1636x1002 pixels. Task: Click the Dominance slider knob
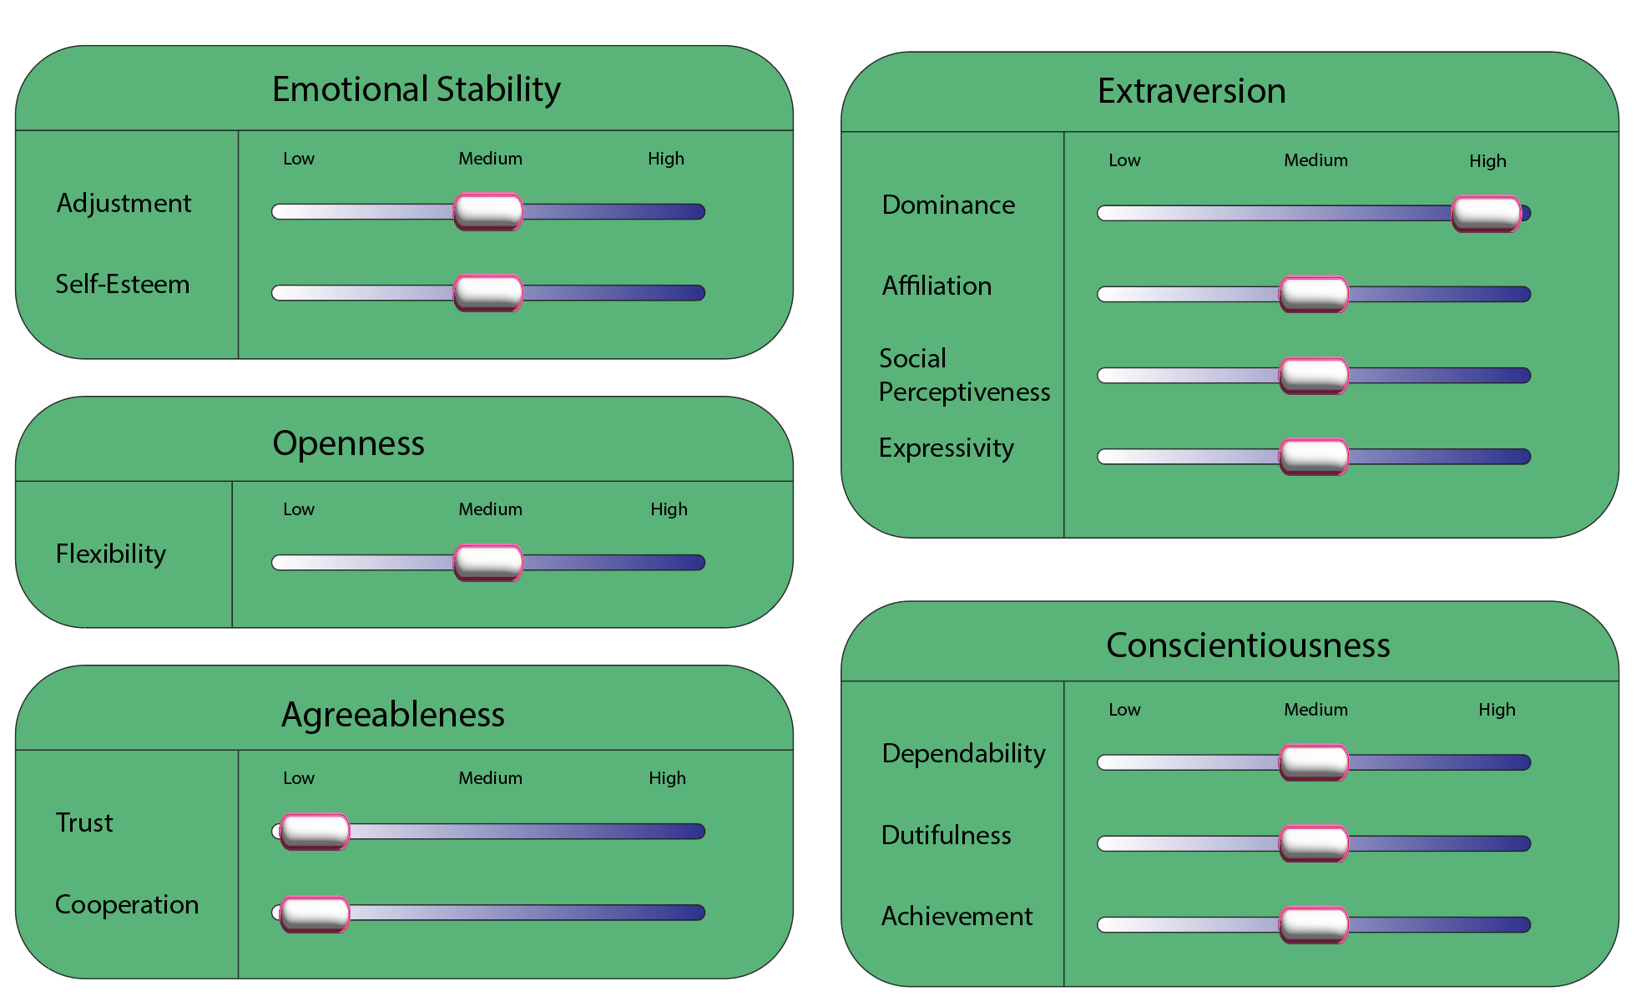coord(1486,213)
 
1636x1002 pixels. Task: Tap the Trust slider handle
coord(315,831)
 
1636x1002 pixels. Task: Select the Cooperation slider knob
coord(315,913)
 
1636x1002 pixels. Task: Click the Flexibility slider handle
coord(488,562)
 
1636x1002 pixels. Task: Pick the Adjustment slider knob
coord(488,211)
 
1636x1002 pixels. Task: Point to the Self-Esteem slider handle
coord(488,292)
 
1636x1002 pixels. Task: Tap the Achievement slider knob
coord(1314,924)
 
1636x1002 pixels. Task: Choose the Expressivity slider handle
coord(1314,456)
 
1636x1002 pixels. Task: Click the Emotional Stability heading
coord(416,89)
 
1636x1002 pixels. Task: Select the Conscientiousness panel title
coord(1248,645)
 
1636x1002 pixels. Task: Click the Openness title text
coord(348,443)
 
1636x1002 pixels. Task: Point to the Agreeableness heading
coord(392,715)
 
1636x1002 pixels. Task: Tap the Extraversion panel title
coord(1191,91)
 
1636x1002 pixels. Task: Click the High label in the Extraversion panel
coord(1487,160)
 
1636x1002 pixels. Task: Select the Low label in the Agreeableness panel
coord(298,778)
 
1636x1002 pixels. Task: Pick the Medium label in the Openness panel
coord(490,509)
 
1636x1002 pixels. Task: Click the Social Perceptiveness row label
coord(964,375)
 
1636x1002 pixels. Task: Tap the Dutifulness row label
coord(946,835)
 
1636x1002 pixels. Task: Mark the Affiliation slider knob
coord(1314,294)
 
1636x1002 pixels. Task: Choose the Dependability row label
coord(963,753)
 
